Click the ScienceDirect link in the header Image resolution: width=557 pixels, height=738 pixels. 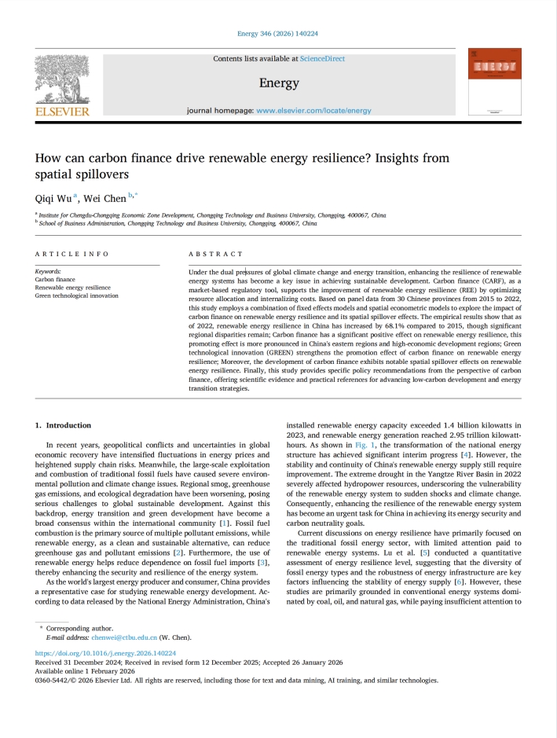pos(322,58)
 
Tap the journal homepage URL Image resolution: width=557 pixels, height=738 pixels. pos(313,111)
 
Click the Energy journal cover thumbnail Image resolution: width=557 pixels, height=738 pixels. pos(494,82)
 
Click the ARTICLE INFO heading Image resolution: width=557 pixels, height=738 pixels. pos(72,254)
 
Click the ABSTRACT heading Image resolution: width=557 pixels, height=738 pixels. pos(216,254)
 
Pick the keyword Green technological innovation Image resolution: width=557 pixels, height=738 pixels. pos(77,296)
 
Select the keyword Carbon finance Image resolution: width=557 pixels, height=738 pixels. pos(55,279)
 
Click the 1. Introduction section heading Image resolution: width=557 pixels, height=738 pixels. pos(63,425)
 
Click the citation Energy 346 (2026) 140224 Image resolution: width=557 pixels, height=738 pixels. pos(277,34)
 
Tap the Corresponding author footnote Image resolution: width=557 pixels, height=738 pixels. pos(79,629)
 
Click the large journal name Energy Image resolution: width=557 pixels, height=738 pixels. pos(279,83)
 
